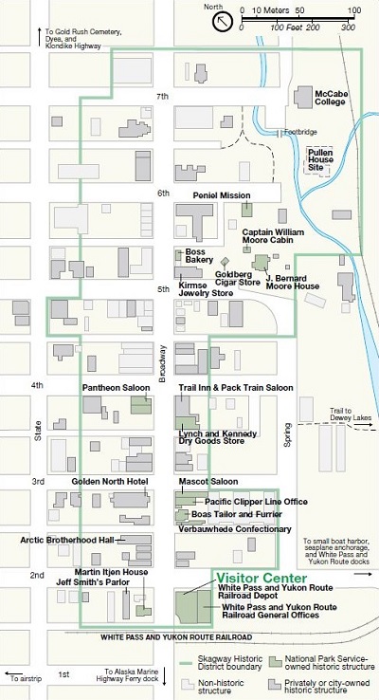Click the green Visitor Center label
coord(261,578)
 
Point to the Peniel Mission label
coord(221,194)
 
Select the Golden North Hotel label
coord(110,482)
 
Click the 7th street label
coord(163,97)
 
